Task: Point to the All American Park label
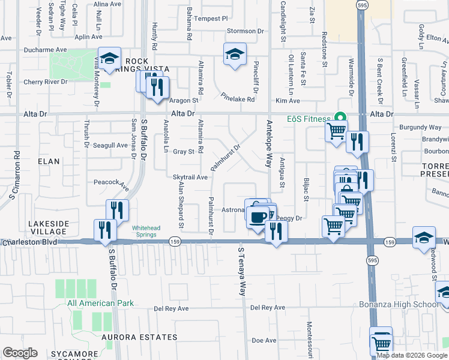(x=100, y=303)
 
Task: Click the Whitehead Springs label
(x=144, y=231)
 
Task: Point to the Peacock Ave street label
(x=111, y=182)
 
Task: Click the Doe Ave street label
(x=264, y=340)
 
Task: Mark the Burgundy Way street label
(x=421, y=127)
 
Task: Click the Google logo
(x=20, y=353)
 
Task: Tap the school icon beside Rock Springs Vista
(x=109, y=58)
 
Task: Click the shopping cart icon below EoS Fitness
(x=337, y=130)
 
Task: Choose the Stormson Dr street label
(x=246, y=31)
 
